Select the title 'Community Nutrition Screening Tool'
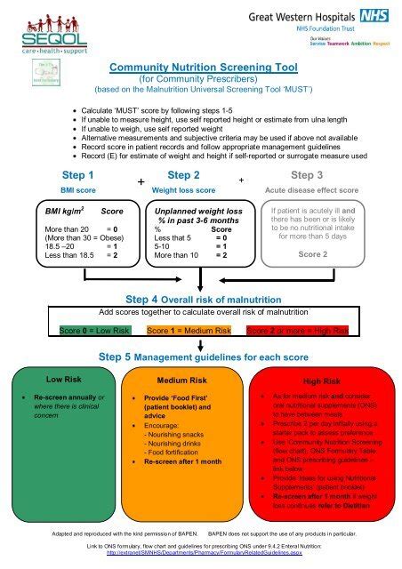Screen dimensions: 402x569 pos(201,66)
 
